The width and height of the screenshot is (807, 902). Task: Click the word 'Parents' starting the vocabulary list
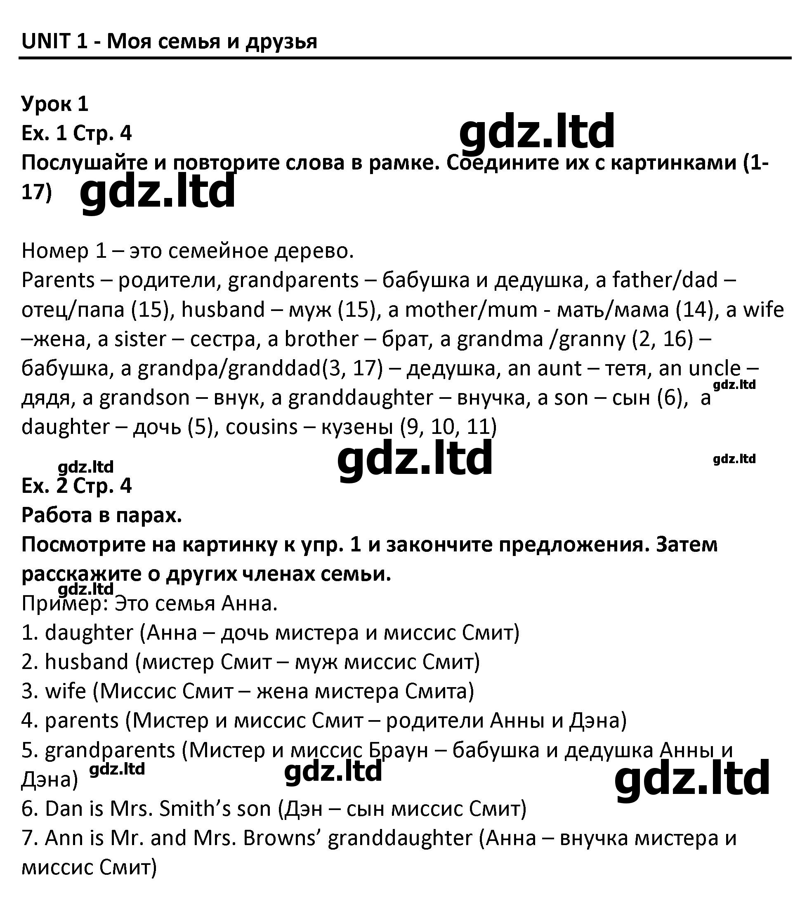[58, 280]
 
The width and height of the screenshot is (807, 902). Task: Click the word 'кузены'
[356, 427]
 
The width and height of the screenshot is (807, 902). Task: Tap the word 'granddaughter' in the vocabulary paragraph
[361, 398]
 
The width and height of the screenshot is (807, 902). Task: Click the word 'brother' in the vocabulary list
[321, 339]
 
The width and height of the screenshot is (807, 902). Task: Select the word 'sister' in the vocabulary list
[140, 339]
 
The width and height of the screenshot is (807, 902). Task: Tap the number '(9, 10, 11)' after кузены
[448, 427]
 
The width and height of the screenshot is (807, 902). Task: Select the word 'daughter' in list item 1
[89, 633]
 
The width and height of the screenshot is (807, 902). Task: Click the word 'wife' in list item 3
[65, 691]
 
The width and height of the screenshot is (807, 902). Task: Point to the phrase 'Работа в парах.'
[101, 516]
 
